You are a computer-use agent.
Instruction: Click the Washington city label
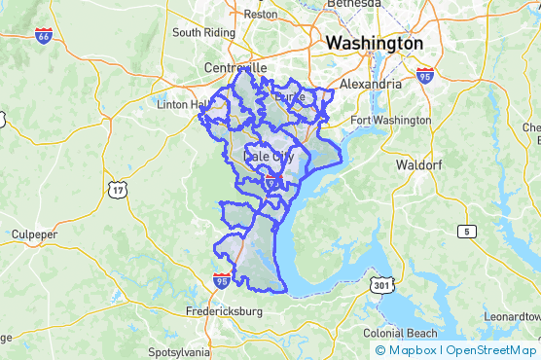[375, 44]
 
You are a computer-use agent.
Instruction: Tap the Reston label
[260, 15]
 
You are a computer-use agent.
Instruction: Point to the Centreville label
[235, 68]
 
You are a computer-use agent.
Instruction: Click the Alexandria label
[369, 85]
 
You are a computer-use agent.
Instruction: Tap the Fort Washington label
[389, 120]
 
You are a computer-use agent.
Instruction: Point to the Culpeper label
[35, 234]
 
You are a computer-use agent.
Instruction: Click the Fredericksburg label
[224, 312]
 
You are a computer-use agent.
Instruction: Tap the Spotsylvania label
[178, 351]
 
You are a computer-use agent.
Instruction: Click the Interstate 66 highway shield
[44, 36]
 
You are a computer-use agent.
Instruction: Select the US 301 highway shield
[379, 285]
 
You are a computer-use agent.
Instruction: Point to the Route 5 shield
[468, 231]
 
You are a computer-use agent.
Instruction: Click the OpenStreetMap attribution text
[491, 350]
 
